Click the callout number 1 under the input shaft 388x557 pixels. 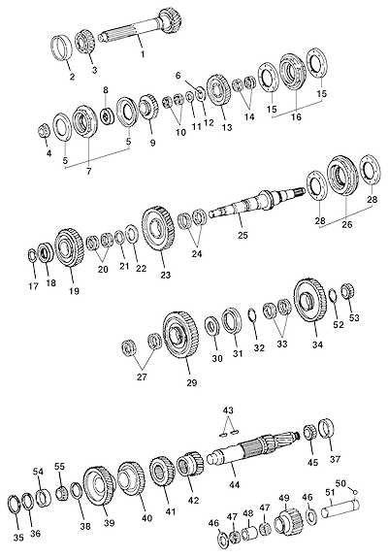[x=143, y=54]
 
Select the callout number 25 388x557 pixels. [x=242, y=235]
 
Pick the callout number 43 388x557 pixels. [x=228, y=410]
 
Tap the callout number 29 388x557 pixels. [x=192, y=383]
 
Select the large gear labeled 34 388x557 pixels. [x=310, y=301]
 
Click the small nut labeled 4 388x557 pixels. [x=44, y=131]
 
